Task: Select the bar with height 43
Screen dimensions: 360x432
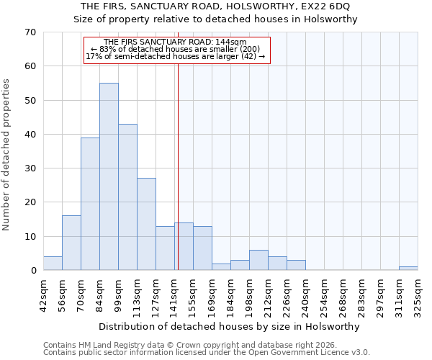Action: tap(127, 197)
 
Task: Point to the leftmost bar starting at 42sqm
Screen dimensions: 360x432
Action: tap(53, 264)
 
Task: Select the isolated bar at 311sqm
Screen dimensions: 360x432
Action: tap(408, 269)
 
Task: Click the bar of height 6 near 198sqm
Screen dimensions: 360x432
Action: tap(258, 260)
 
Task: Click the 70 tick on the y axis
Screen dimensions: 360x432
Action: tap(31, 32)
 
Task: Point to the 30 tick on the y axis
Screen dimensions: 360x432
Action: tap(31, 168)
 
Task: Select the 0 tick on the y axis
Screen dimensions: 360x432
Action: tap(33, 271)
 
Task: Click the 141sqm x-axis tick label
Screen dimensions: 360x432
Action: tap(174, 294)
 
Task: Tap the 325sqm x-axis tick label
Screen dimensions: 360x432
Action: tap(418, 294)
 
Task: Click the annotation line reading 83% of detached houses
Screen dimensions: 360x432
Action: tap(176, 49)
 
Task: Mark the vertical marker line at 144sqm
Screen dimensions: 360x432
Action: tap(177, 166)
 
